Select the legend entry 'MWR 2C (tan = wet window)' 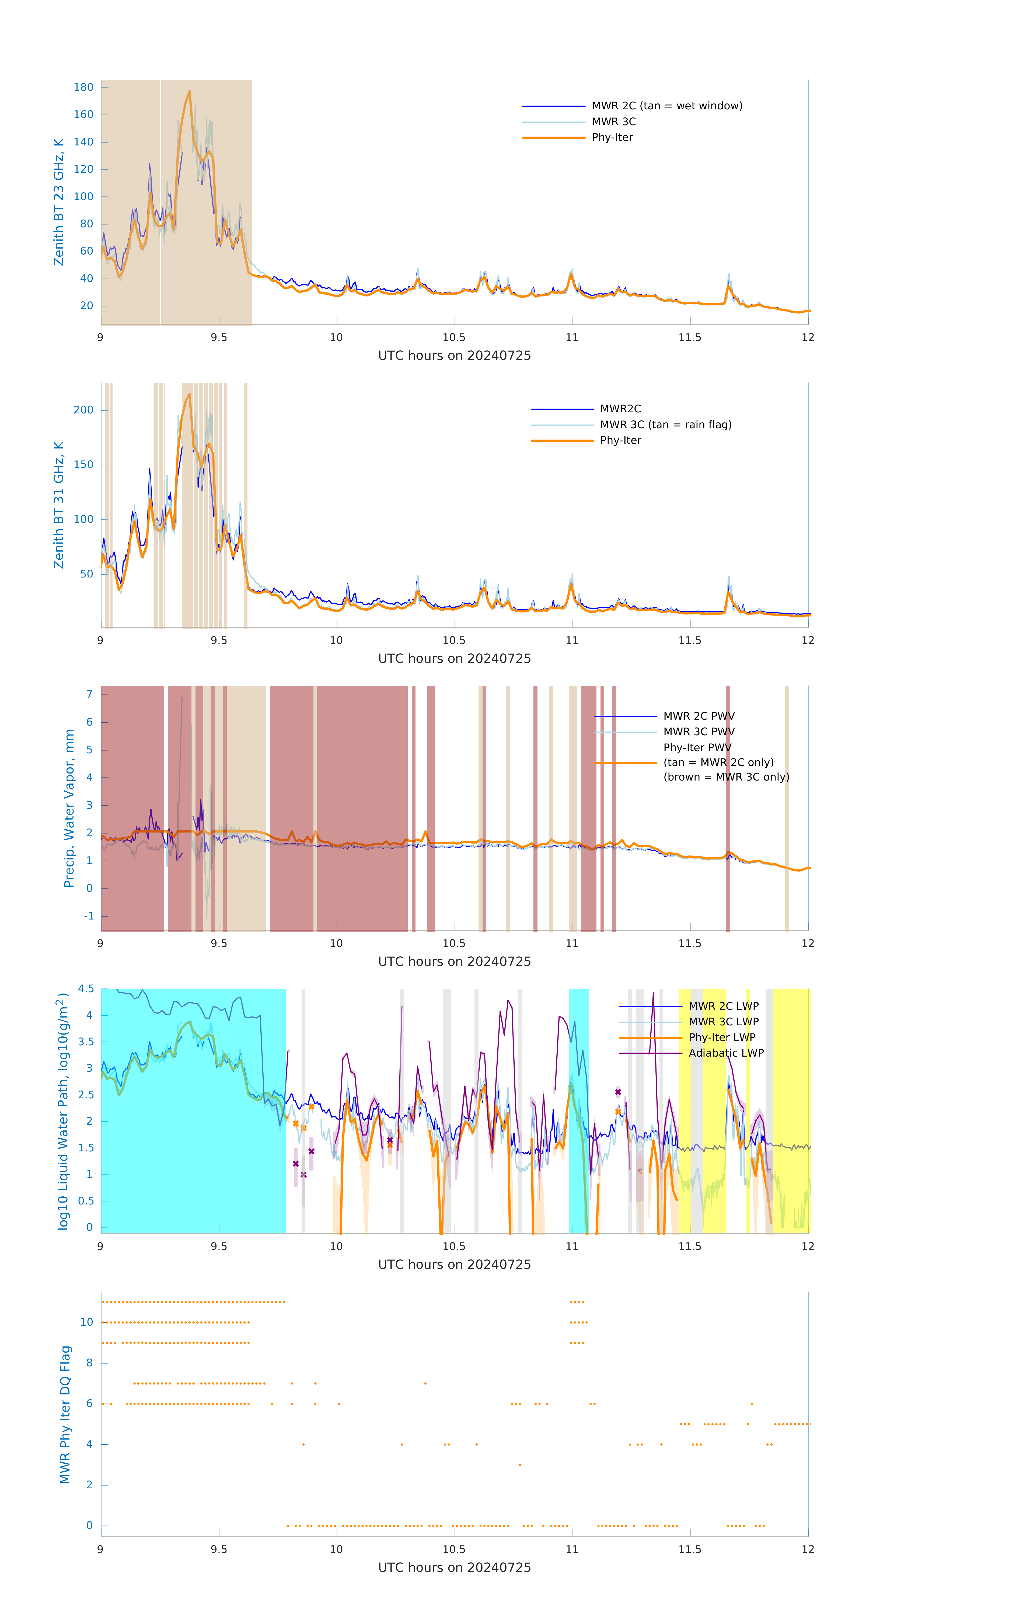[x=666, y=106]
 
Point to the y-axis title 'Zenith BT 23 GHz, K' [x=59, y=202]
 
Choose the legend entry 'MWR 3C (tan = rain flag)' [x=665, y=425]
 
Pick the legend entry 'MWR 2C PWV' [x=699, y=716]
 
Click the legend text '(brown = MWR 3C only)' [x=726, y=777]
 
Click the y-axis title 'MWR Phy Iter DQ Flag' [x=65, y=1415]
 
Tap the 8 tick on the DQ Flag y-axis [x=89, y=1363]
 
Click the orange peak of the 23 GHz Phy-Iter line [x=189, y=92]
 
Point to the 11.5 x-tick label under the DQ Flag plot [x=690, y=1549]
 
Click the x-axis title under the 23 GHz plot [x=454, y=356]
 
